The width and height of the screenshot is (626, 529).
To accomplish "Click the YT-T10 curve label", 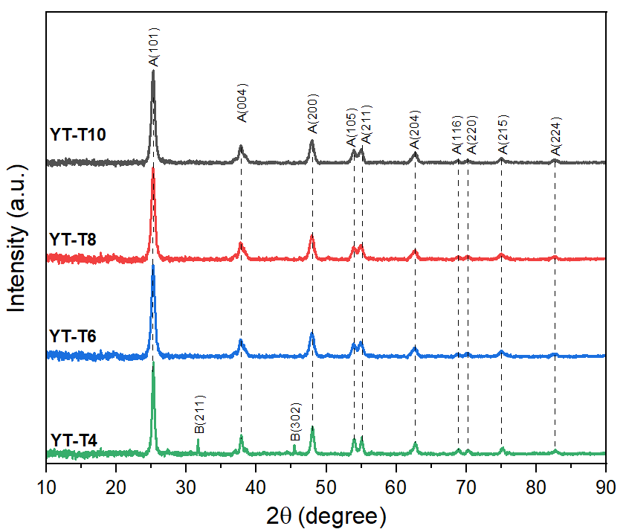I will click(x=78, y=135).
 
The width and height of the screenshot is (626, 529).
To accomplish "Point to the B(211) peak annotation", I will click(x=199, y=414).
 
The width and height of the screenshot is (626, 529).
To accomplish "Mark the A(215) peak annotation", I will click(x=503, y=135).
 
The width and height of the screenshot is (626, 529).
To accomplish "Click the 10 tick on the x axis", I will click(x=46, y=488).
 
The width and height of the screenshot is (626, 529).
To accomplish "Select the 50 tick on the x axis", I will click(x=326, y=488).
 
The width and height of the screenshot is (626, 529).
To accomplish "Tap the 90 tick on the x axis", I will click(x=606, y=488).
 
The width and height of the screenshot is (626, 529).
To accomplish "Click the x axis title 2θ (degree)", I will click(x=326, y=515).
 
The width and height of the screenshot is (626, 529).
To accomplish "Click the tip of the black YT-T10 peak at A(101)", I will click(x=153, y=71).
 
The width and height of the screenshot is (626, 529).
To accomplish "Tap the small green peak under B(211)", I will click(x=198, y=440).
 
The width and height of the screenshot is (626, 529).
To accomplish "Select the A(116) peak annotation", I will click(x=458, y=135).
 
